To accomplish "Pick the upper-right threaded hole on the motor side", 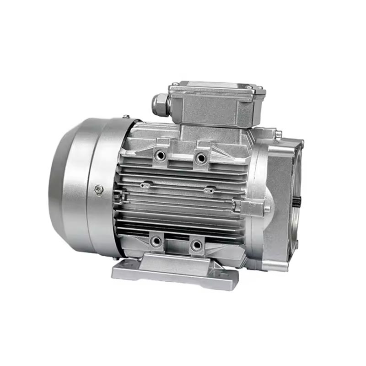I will [200, 158].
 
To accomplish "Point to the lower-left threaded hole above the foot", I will [157, 241].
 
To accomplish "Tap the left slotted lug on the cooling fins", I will [146, 185].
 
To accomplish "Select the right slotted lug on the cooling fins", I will [209, 189].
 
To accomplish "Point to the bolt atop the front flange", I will [278, 134].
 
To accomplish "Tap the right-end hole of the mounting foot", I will [224, 274].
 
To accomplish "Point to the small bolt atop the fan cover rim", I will [124, 117].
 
